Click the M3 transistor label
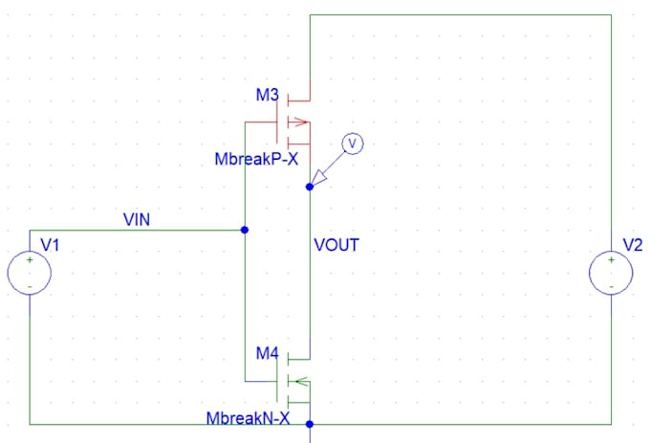pyautogui.click(x=268, y=95)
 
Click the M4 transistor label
pyautogui.click(x=268, y=353)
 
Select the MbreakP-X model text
pyautogui.click(x=256, y=159)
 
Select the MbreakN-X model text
pyautogui.click(x=248, y=418)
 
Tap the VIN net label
pyautogui.click(x=137, y=219)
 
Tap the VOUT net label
pyautogui.click(x=336, y=245)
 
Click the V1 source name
pyautogui.click(x=50, y=245)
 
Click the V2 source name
pyautogui.click(x=633, y=245)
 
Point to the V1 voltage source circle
pyautogui.click(x=30, y=251)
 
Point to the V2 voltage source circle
pyautogui.click(x=611, y=251)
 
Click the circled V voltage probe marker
pyautogui.click(x=353, y=144)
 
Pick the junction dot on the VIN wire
pyautogui.click(x=245, y=230)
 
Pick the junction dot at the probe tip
pyautogui.click(x=310, y=188)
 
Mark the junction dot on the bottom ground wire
pyautogui.click(x=310, y=424)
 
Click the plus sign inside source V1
pyautogui.click(x=30, y=260)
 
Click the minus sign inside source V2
pyautogui.click(x=611, y=287)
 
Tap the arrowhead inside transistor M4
pyautogui.click(x=302, y=381)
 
